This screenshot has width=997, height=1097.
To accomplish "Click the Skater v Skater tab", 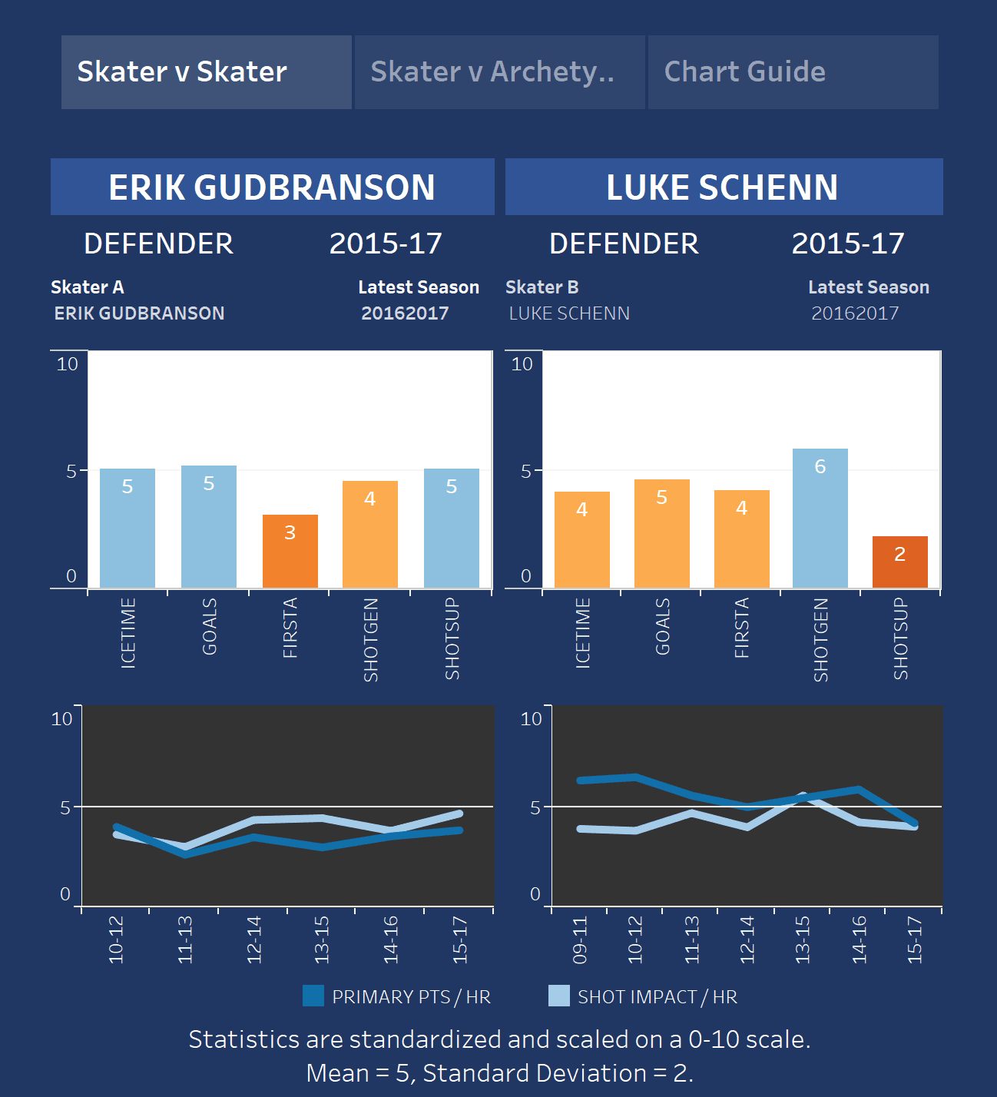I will click(206, 72).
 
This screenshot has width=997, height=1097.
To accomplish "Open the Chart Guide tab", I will click(793, 72).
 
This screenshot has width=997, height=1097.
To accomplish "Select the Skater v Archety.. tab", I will click(499, 72).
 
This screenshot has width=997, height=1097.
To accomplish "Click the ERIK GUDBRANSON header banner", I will click(272, 187).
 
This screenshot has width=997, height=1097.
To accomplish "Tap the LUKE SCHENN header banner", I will click(723, 187).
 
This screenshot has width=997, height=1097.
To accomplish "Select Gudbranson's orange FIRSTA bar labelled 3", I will click(290, 551).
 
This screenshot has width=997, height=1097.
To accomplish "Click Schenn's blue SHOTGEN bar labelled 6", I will click(820, 518).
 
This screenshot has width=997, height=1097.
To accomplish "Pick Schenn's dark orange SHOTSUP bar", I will click(899, 562).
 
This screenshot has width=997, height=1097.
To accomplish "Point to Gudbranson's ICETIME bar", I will click(128, 528).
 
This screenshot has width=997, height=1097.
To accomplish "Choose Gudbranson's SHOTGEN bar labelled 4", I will click(369, 534).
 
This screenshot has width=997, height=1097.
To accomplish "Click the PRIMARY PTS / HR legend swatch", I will click(313, 996).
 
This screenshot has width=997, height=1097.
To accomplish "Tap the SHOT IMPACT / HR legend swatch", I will click(559, 996).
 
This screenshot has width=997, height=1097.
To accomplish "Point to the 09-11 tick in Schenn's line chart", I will click(580, 940).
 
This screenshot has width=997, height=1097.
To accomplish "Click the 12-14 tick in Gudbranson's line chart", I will click(254, 940).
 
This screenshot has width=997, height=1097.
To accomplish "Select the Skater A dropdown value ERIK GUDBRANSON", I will click(139, 313).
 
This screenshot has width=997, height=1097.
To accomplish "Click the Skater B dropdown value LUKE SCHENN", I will click(569, 313).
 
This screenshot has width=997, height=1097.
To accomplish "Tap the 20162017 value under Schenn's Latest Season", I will click(855, 313).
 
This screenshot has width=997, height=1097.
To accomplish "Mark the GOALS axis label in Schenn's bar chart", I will click(662, 626).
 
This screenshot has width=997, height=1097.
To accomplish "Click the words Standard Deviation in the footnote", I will click(535, 1073).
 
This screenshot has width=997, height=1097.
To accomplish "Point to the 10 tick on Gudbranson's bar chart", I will click(68, 364).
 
